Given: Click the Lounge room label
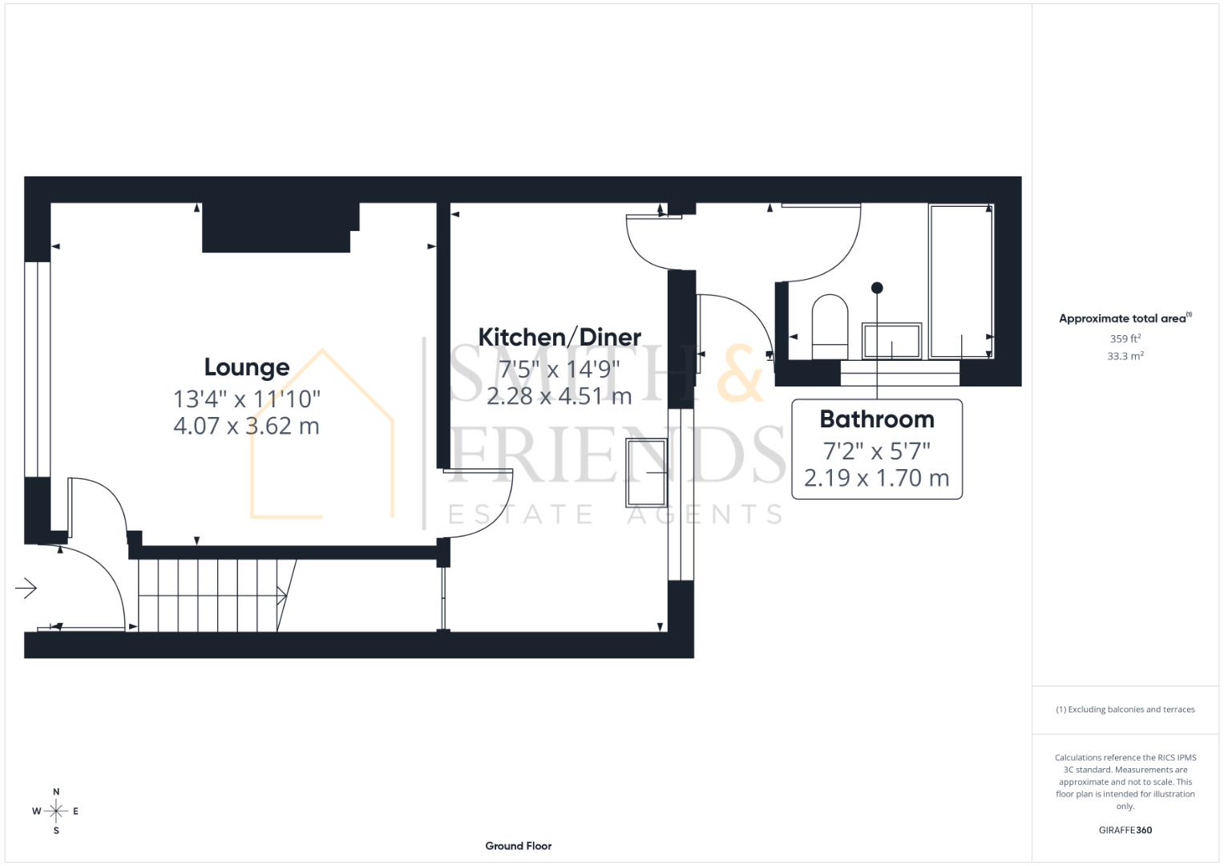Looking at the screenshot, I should [246, 367].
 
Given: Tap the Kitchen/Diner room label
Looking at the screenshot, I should [559, 337].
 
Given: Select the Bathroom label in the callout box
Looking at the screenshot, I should [877, 419].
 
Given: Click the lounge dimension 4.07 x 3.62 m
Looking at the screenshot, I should [246, 426].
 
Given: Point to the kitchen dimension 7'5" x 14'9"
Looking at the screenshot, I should [559, 369].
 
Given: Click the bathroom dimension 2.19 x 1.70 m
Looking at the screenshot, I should [877, 479].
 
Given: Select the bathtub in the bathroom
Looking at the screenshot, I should [960, 281].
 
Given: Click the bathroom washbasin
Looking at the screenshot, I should [891, 341].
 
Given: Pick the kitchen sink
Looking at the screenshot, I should [646, 472].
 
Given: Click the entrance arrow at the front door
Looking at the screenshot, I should [26, 589].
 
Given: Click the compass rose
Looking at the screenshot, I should [56, 811].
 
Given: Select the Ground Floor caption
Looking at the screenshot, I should [519, 846].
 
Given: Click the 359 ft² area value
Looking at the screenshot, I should [1125, 339].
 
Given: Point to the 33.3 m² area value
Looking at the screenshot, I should [1125, 356].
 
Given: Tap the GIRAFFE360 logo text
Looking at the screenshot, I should [1125, 830].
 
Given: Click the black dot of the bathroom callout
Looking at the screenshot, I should [877, 288].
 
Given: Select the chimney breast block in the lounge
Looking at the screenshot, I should [277, 228].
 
